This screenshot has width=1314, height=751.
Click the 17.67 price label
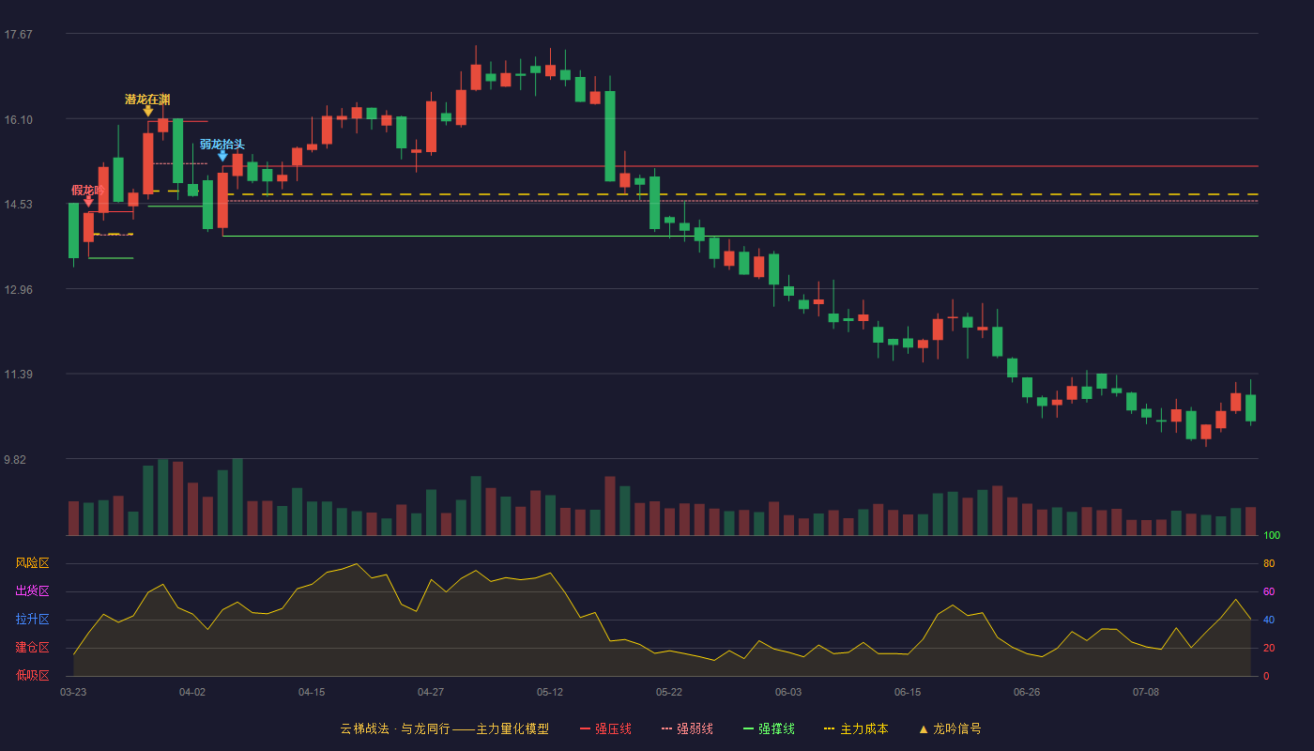tap(18, 35)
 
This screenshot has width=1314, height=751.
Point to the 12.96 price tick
tap(18, 290)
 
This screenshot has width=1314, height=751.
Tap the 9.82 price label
tap(15, 459)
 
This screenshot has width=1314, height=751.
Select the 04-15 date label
tap(312, 693)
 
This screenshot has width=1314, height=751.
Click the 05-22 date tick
tap(668, 693)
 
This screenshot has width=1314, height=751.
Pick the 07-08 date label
tap(1146, 693)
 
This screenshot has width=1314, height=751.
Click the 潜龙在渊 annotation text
tap(147, 100)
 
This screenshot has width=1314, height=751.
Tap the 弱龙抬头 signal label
tap(222, 145)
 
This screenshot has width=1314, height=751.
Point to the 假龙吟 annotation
tap(88, 190)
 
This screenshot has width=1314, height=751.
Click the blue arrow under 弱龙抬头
tap(223, 156)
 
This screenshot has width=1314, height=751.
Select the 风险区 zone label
tap(32, 563)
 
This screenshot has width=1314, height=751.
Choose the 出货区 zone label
tap(32, 590)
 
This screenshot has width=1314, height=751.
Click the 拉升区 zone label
tap(32, 619)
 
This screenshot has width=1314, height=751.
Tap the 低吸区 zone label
tap(32, 675)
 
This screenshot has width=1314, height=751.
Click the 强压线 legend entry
tap(605, 728)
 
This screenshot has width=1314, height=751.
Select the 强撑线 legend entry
tap(769, 728)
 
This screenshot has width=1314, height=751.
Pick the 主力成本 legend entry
tap(856, 728)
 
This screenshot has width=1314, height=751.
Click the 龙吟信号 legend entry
tap(950, 728)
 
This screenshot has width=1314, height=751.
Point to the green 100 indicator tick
tap(1272, 535)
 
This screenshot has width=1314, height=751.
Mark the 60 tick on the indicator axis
tap(1269, 591)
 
